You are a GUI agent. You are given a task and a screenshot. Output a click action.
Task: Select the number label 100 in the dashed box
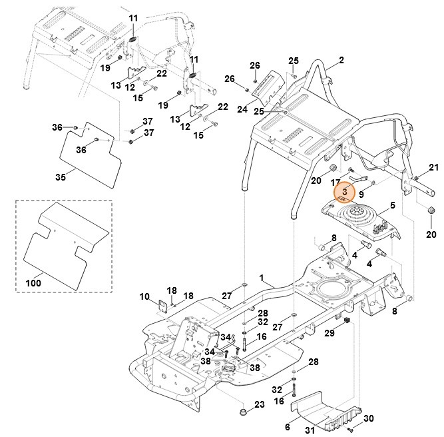click(x=33, y=283)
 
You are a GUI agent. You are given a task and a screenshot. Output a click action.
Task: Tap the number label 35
click(x=61, y=178)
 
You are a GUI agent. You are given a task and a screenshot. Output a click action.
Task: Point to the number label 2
click(x=341, y=61)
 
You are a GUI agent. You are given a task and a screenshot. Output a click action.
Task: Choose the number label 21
click(x=433, y=167)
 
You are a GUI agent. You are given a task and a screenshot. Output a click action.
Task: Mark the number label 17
click(x=335, y=182)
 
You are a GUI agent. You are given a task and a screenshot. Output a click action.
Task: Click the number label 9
click(x=361, y=195)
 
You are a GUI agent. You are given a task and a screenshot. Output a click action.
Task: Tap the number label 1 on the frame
click(x=261, y=276)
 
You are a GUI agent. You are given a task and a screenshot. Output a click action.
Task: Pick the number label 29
click(x=329, y=333)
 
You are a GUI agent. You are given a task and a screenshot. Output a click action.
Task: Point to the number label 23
click(x=260, y=404)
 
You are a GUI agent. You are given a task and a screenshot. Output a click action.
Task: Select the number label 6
click(x=287, y=426)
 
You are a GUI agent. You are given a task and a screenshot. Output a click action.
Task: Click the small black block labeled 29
click(x=347, y=322)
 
